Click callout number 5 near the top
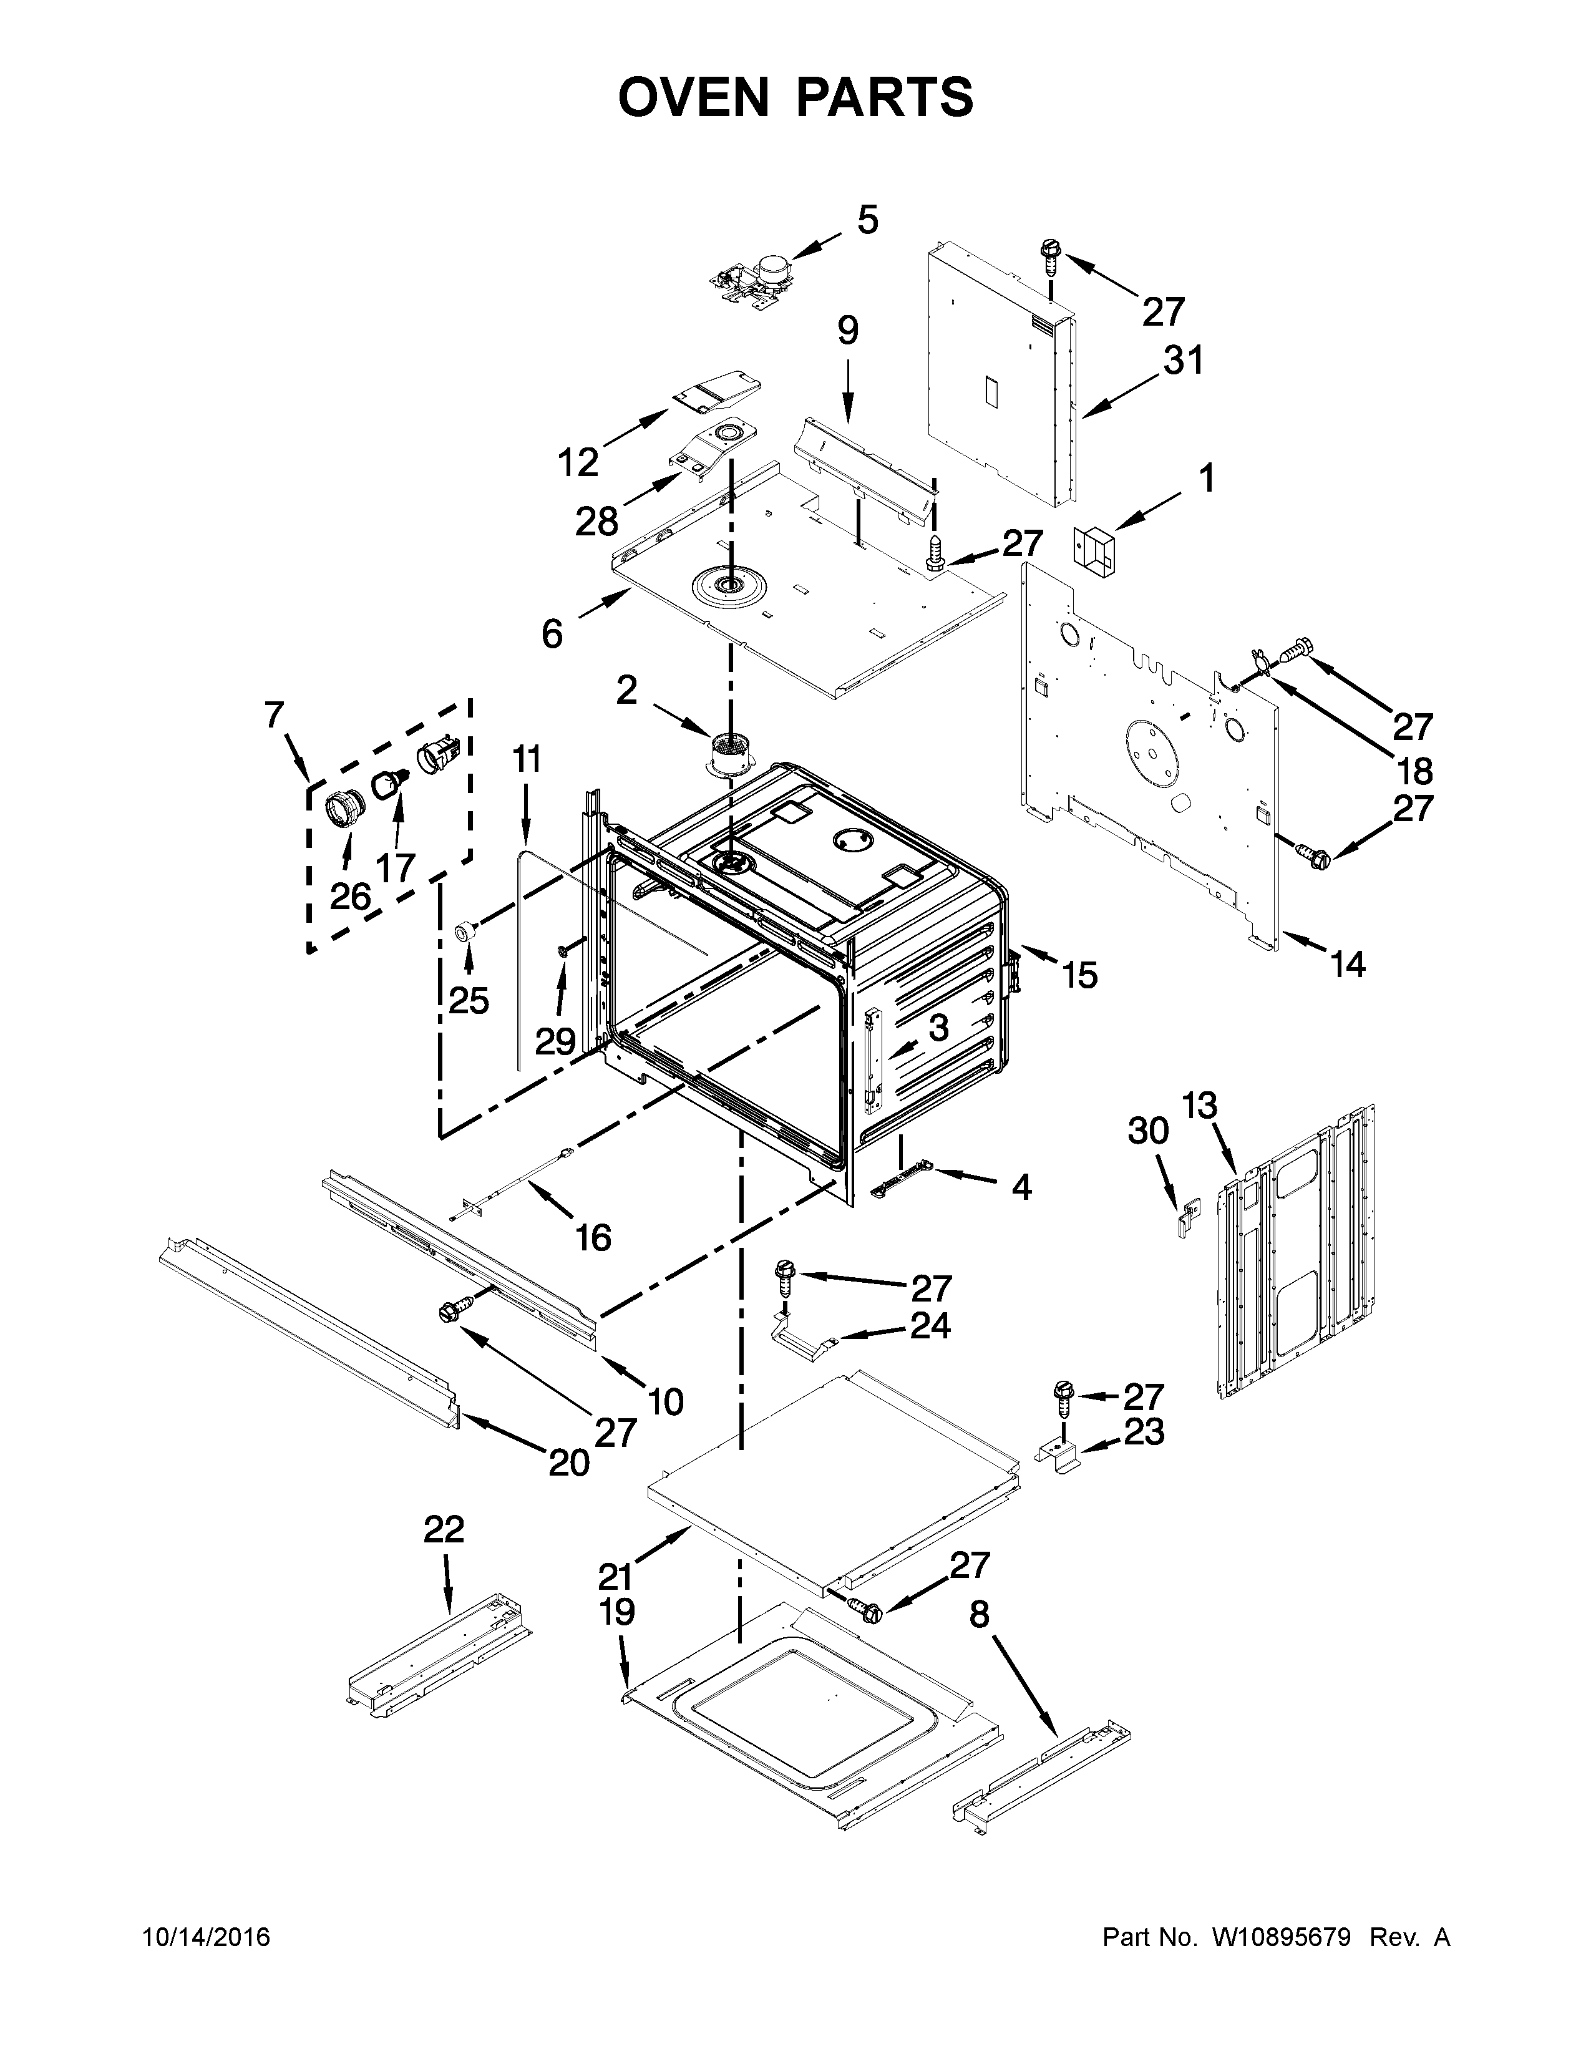point(867,220)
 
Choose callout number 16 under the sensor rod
point(593,1237)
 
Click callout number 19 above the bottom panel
point(617,1612)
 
